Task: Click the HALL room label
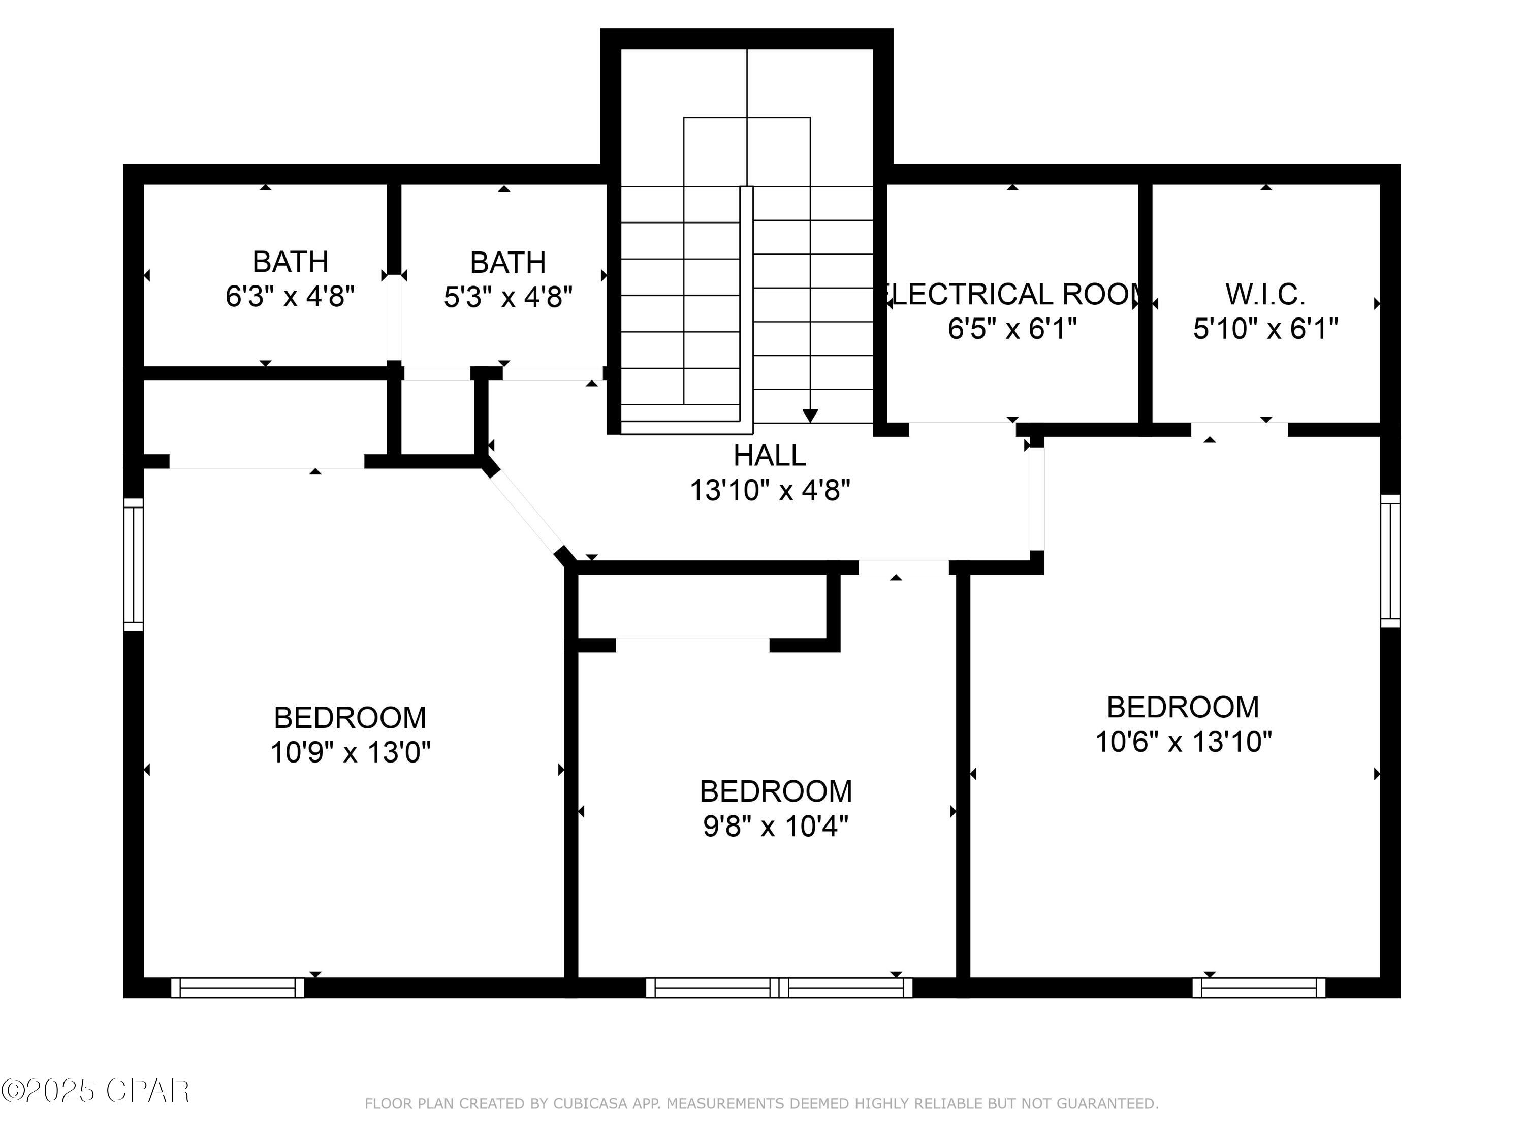769,455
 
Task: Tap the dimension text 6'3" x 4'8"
290,297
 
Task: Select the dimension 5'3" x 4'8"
508,298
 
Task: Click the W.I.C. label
1265,295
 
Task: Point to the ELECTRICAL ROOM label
1011,295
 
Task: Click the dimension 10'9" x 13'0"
350,752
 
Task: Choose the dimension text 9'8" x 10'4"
775,826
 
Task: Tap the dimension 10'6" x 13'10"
1183,742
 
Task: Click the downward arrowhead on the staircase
810,416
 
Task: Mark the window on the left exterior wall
133,565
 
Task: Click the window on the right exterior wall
1390,561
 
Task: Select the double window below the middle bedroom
779,987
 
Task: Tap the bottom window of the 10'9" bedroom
237,987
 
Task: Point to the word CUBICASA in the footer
590,1104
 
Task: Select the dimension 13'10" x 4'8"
769,491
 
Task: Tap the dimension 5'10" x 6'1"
1265,329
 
